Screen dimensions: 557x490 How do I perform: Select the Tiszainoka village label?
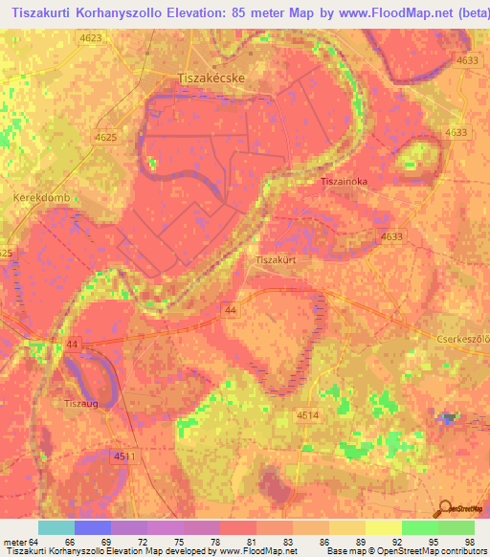[345, 180]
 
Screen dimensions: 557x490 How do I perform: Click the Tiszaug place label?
[81, 403]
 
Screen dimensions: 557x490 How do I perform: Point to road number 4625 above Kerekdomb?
[106, 138]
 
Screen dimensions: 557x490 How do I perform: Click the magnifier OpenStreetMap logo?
[457, 508]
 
